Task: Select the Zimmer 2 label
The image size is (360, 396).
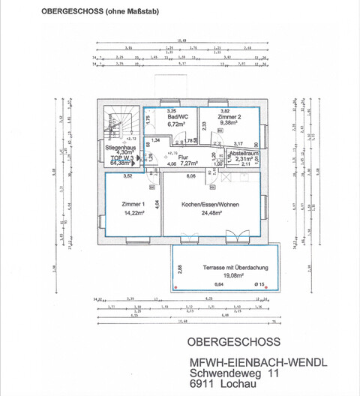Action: (x=229, y=118)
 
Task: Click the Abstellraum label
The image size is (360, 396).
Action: (x=244, y=152)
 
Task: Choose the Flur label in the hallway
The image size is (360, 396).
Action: (x=182, y=157)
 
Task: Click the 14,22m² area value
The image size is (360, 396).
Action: (x=133, y=212)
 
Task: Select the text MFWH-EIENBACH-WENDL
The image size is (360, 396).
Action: (x=259, y=363)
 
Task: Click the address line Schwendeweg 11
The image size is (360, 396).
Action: (x=235, y=373)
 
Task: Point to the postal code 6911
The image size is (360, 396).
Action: (x=203, y=385)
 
